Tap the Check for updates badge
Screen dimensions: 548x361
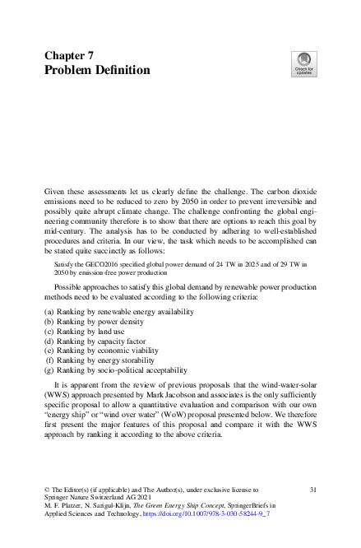click(x=303, y=63)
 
